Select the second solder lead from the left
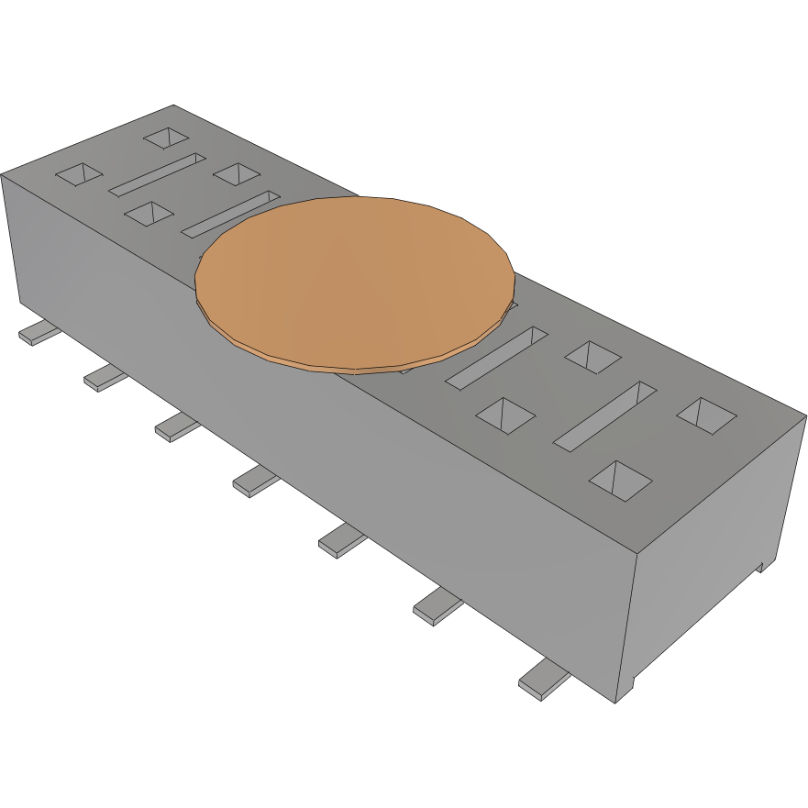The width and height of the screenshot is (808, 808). point(105,376)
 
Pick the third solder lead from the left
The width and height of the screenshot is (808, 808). point(176,426)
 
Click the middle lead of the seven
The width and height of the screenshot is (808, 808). point(255,480)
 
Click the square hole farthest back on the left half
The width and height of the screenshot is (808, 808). point(167,138)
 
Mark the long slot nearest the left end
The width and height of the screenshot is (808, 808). point(158,174)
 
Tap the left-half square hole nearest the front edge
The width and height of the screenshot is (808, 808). point(148,214)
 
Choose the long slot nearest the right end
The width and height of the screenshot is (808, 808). point(604,416)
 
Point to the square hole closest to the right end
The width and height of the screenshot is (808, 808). point(706,415)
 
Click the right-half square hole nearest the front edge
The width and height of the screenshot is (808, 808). point(620,479)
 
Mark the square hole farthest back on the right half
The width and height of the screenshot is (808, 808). point(592,356)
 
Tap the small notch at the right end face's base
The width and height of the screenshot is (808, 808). point(761,565)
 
